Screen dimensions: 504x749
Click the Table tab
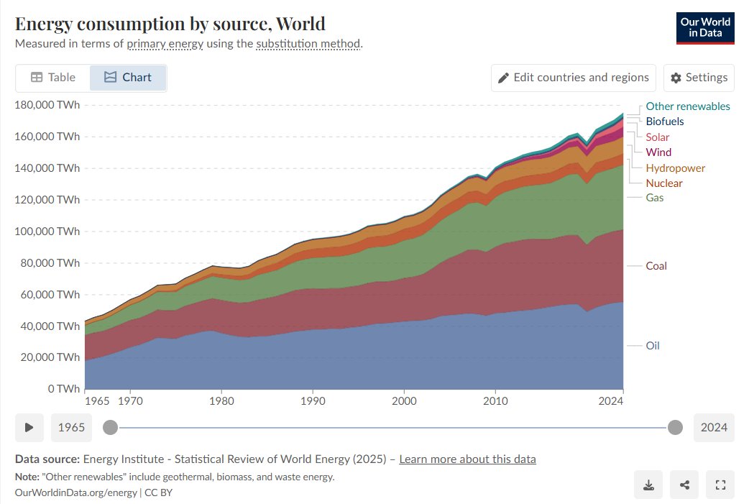coord(52,78)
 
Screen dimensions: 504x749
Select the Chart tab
coord(128,78)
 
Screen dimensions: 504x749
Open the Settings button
coord(698,78)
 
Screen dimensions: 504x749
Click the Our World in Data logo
coord(705,28)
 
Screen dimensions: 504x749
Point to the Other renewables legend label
coord(687,106)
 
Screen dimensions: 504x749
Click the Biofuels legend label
coord(664,122)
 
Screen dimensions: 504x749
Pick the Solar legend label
coord(657,137)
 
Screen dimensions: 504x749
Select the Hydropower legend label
coord(675,168)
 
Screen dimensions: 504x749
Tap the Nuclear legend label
coord(663,183)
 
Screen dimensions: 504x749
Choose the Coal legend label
coord(656,266)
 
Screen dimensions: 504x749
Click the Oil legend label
coord(652,346)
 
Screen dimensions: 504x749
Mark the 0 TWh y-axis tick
coord(63,389)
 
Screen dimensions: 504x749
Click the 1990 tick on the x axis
coord(313,400)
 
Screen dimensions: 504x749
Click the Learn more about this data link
coord(467,459)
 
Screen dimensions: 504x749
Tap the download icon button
coord(648,485)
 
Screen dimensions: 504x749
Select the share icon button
coord(684,485)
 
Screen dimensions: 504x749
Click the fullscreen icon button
coord(720,485)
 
